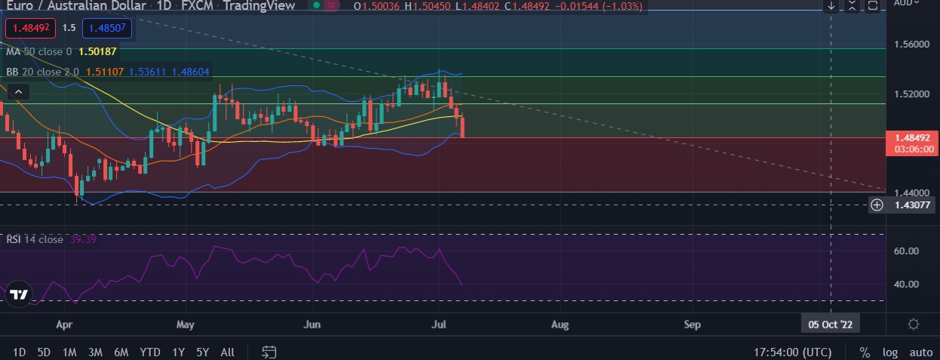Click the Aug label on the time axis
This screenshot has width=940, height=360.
coord(561,325)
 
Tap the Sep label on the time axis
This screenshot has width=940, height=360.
coord(692,325)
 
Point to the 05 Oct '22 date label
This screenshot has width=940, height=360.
coord(830,325)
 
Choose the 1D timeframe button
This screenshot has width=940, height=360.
coord(20,352)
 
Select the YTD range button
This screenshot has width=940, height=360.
coord(150,352)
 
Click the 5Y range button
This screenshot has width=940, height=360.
coord(202,352)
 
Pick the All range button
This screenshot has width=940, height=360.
coord(227,352)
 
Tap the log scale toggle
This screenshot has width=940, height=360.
coord(890,352)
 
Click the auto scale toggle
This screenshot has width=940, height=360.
coord(920,352)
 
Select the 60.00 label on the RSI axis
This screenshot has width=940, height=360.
coord(907,251)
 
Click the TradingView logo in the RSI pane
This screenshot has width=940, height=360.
coord(20,295)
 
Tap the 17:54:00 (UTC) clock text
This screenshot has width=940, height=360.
coord(792,352)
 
